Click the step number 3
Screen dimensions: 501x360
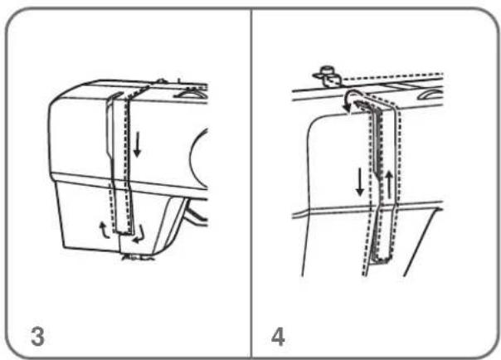tap(37, 336)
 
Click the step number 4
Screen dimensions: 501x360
tap(278, 337)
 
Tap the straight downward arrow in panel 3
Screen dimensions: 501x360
tap(137, 145)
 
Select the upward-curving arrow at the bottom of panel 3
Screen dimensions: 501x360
tap(104, 231)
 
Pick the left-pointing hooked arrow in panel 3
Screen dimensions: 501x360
tap(140, 236)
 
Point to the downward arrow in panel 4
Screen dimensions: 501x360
tap(360, 182)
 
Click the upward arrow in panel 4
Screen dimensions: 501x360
tap(389, 184)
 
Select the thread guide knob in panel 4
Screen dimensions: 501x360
tap(327, 75)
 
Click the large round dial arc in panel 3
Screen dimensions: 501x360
tap(195, 160)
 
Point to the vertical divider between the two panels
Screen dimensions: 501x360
tap(251, 182)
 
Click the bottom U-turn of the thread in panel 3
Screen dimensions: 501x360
tap(124, 231)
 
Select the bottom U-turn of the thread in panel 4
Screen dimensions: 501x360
tap(382, 260)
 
